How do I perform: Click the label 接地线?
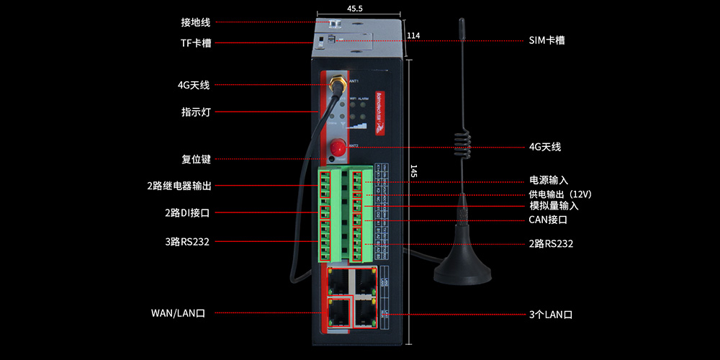click(x=195, y=22)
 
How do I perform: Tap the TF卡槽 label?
click(x=195, y=42)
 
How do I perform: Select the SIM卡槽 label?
click(x=546, y=40)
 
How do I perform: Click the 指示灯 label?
click(x=195, y=112)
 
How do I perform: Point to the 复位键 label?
click(x=195, y=159)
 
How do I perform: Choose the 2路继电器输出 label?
click(x=179, y=186)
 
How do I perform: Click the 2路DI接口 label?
click(x=186, y=213)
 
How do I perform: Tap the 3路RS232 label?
click(x=188, y=241)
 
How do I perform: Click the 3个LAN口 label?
click(x=550, y=315)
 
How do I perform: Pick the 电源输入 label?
click(x=549, y=180)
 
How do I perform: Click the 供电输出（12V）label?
click(x=559, y=194)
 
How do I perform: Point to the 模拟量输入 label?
click(x=554, y=206)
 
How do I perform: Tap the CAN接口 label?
click(x=548, y=219)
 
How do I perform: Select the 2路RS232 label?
click(x=551, y=243)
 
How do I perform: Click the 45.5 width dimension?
click(x=355, y=9)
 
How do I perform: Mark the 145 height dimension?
click(x=413, y=171)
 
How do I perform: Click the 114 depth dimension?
click(x=413, y=36)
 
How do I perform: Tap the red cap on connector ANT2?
click(x=336, y=148)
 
